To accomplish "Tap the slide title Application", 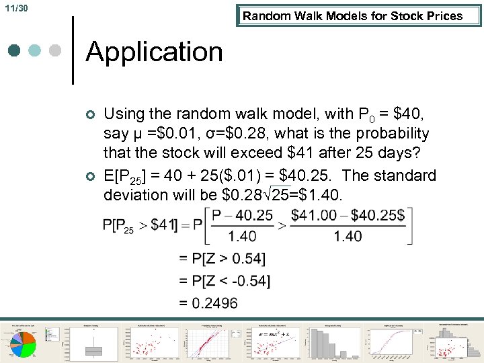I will point(155,52).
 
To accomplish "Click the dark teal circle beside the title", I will point(15,51).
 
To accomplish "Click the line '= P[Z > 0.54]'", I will point(223,258).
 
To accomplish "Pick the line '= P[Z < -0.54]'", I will point(225,280).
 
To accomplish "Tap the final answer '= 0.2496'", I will point(208,303).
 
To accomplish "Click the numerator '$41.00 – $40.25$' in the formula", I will point(348,215).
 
